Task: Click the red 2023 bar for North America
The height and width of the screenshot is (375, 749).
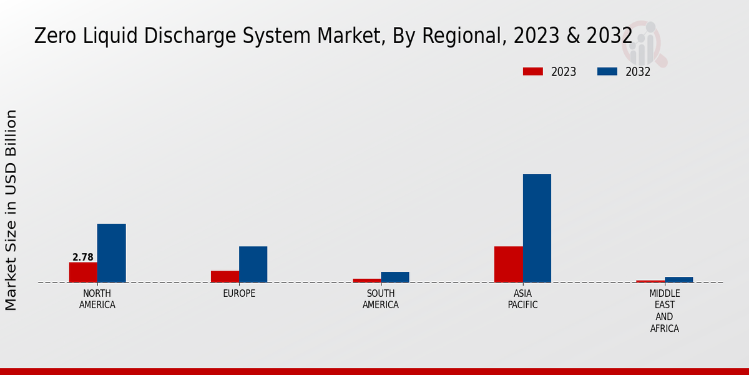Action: coord(83,272)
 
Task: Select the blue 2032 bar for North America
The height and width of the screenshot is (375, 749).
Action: coord(111,253)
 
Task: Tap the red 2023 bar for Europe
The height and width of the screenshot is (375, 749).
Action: coord(225,276)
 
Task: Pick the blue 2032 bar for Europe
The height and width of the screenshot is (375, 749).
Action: coord(253,264)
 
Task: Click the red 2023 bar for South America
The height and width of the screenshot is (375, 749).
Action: coord(366,281)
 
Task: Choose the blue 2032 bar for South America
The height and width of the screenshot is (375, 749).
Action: coord(395,277)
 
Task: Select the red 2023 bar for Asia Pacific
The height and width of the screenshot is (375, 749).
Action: coord(508,264)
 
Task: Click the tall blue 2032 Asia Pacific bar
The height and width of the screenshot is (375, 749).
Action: coord(537,228)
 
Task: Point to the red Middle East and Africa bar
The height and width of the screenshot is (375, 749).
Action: coord(650,281)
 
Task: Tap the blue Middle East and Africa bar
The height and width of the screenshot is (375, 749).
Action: coord(678,279)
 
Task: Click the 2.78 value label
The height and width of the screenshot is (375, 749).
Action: coord(83,257)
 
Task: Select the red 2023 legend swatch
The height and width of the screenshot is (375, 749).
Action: coord(532,72)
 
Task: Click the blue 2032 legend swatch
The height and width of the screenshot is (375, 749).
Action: coord(607,72)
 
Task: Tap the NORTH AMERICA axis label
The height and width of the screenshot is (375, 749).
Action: coord(97,299)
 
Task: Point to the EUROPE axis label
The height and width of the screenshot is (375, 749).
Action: coord(239,294)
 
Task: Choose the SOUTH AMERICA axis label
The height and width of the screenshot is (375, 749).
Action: coord(381,299)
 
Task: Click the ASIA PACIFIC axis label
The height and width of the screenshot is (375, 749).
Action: coord(522,299)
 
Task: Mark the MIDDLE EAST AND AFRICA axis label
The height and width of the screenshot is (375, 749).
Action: coord(664,311)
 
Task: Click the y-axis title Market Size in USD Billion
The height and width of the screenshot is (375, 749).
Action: coord(11,210)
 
